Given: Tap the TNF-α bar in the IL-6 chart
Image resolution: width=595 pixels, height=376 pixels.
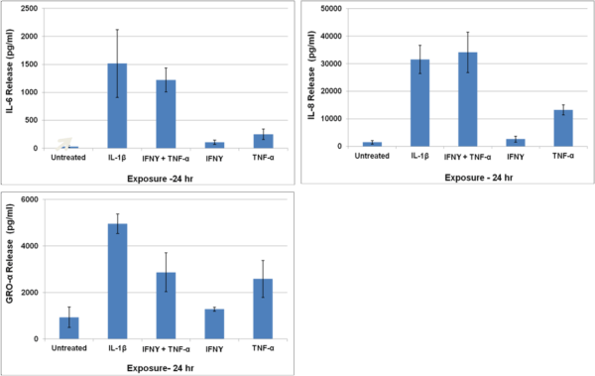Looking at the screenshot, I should point(263,141).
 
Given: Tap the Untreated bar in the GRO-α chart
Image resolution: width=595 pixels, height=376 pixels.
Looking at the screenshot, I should point(68,327).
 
